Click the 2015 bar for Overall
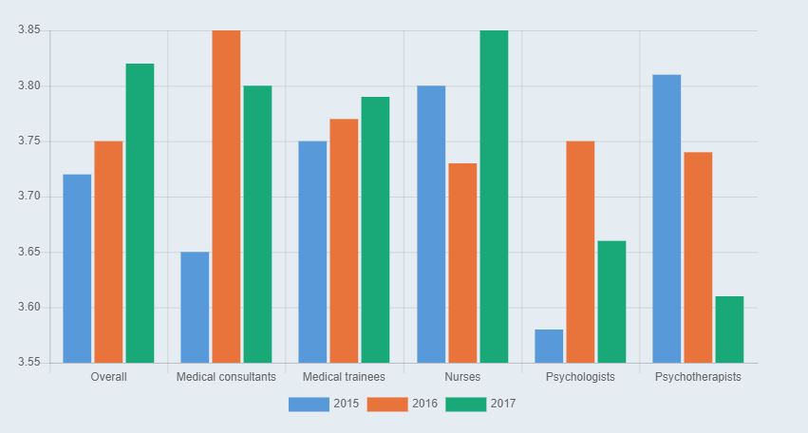click(x=77, y=269)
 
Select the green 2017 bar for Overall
click(x=140, y=214)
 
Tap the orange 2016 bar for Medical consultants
click(x=226, y=197)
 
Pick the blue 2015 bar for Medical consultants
click(x=195, y=308)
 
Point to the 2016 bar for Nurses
click(x=462, y=263)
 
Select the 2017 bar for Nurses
click(x=494, y=197)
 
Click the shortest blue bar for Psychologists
click(x=549, y=347)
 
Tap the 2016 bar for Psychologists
click(x=580, y=252)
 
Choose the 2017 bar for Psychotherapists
click(x=729, y=329)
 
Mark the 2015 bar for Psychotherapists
click(x=667, y=218)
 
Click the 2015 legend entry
click(x=324, y=404)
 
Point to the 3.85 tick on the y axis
click(x=28, y=30)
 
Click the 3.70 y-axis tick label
click(x=28, y=197)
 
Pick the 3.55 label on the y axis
click(x=28, y=363)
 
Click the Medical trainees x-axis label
click(x=344, y=377)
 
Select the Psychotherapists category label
click(x=698, y=377)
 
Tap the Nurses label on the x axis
click(x=462, y=377)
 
